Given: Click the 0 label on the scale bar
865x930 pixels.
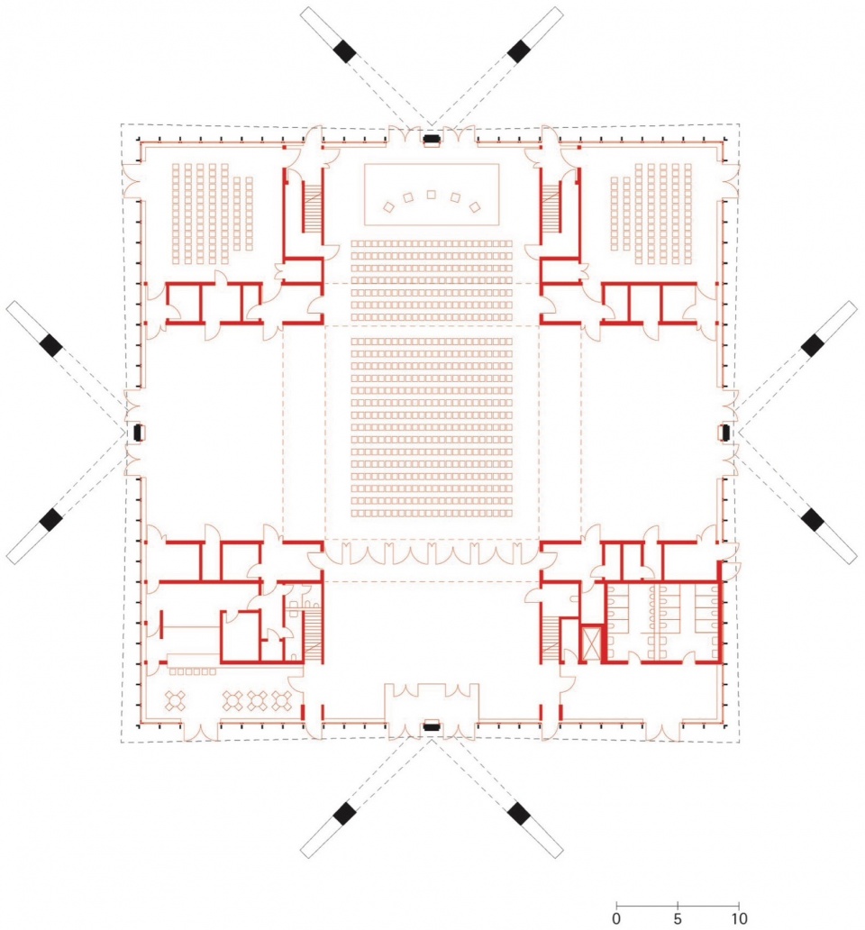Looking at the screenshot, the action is tap(616, 918).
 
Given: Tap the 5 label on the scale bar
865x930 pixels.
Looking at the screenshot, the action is tap(677, 918).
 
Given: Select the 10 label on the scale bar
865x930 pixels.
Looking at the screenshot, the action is tap(739, 918).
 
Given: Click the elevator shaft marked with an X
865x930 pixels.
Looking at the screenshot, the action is tap(590, 643).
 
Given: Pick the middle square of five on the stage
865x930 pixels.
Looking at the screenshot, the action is tap(431, 195).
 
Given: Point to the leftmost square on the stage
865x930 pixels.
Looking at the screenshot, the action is tap(388, 207).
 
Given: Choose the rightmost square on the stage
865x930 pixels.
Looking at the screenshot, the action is tap(475, 207).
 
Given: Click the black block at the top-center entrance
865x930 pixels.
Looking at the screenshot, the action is tap(431, 140).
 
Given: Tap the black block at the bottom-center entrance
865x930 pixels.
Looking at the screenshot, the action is tap(431, 725).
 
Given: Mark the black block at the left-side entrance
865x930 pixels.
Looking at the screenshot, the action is tap(138, 433).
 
